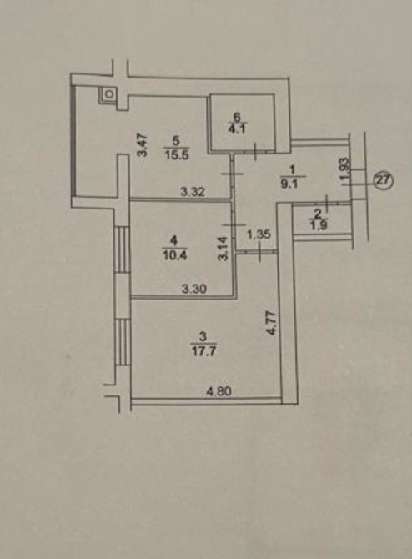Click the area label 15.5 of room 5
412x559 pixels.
tap(177, 155)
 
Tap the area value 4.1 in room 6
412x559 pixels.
tap(237, 128)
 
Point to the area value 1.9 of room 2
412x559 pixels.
tap(318, 225)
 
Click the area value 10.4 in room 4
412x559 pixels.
tap(174, 255)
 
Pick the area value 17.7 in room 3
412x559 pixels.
tap(203, 351)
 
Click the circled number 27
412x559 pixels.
tap(383, 181)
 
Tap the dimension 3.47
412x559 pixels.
tap(143, 144)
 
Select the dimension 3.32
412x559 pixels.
tap(193, 192)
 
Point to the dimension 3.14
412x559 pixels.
tap(223, 249)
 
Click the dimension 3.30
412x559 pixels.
tap(193, 289)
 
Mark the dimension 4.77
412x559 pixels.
tap(272, 323)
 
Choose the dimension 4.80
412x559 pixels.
tap(219, 391)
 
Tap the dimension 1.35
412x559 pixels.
tap(259, 234)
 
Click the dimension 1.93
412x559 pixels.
tap(345, 172)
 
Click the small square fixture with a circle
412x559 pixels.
tap(109, 94)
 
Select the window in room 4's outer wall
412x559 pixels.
tap(122, 249)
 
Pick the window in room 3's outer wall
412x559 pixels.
tap(123, 342)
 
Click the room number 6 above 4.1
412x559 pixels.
tap(237, 116)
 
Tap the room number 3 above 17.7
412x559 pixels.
tap(203, 336)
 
